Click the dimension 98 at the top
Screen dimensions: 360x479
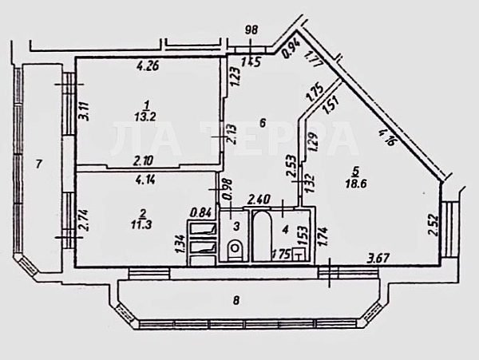pyautogui.click(x=251, y=30)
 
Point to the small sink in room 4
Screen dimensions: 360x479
pyautogui.click(x=299, y=255)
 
